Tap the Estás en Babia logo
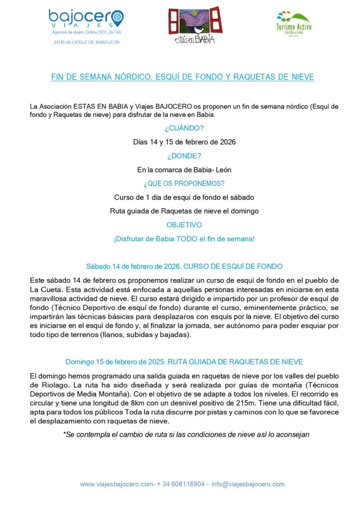(194, 25)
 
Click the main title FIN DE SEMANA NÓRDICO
(183, 78)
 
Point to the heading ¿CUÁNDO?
(184, 128)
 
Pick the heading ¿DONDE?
(184, 156)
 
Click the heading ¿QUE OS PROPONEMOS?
(184, 183)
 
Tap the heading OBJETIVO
(184, 225)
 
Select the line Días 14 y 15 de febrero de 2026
(184, 142)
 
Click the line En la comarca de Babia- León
(184, 170)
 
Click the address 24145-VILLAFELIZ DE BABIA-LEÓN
(87, 42)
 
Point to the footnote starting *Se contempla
(186, 434)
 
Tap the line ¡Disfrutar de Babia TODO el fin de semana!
(184, 239)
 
